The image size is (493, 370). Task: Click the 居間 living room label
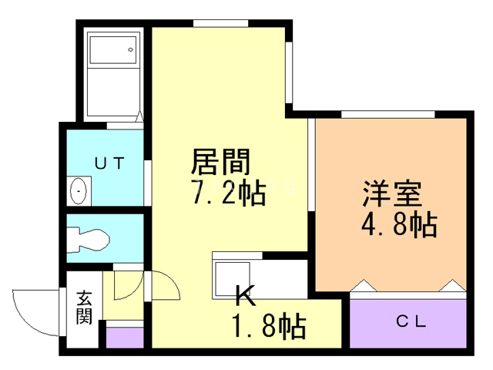(220, 163)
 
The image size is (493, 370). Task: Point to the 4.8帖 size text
(399, 224)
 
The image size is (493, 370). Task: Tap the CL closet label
(411, 323)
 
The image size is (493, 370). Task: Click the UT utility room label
(106, 163)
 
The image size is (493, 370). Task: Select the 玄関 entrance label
(84, 308)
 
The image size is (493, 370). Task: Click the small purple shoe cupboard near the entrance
(124, 337)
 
